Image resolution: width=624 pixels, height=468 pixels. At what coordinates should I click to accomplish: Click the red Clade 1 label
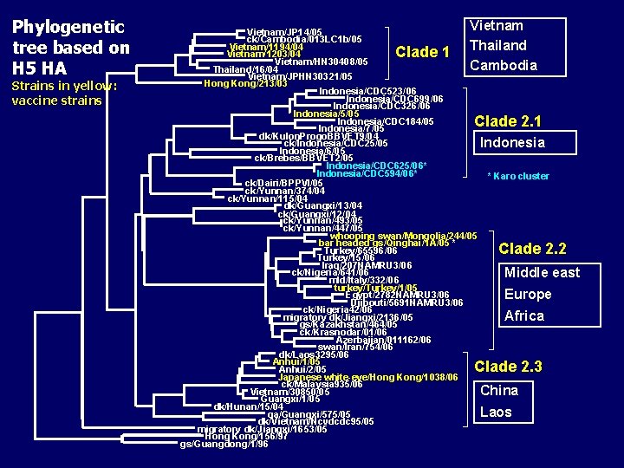[x=422, y=52]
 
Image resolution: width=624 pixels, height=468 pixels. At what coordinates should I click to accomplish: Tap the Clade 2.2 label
[x=532, y=249]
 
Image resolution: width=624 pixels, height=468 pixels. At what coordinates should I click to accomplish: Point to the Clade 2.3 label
[x=508, y=367]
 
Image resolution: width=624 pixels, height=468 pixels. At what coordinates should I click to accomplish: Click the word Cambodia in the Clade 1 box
[x=503, y=65]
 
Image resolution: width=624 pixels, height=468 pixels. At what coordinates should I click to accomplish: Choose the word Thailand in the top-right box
[x=497, y=45]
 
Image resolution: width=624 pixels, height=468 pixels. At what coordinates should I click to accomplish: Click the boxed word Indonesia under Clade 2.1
[x=512, y=142]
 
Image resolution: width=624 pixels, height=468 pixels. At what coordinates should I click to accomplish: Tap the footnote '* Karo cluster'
[x=517, y=176]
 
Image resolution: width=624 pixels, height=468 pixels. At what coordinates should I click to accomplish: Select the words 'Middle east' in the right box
[x=542, y=272]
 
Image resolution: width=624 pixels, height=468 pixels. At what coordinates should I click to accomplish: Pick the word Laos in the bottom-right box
[x=496, y=412]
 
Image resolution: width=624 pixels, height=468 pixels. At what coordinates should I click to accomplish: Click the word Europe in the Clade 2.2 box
[x=527, y=294]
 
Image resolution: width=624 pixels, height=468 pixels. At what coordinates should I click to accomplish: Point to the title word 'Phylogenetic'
[x=68, y=27]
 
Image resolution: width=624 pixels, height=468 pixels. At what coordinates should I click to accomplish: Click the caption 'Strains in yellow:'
[x=64, y=86]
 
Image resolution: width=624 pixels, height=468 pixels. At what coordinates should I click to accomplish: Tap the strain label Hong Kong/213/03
[x=245, y=83]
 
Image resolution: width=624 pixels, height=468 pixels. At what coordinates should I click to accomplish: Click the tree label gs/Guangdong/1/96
[x=224, y=445]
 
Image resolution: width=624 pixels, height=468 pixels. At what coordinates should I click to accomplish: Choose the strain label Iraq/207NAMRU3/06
[x=363, y=265]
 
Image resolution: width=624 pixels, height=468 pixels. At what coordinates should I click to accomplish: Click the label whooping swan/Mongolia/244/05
[x=403, y=236]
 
